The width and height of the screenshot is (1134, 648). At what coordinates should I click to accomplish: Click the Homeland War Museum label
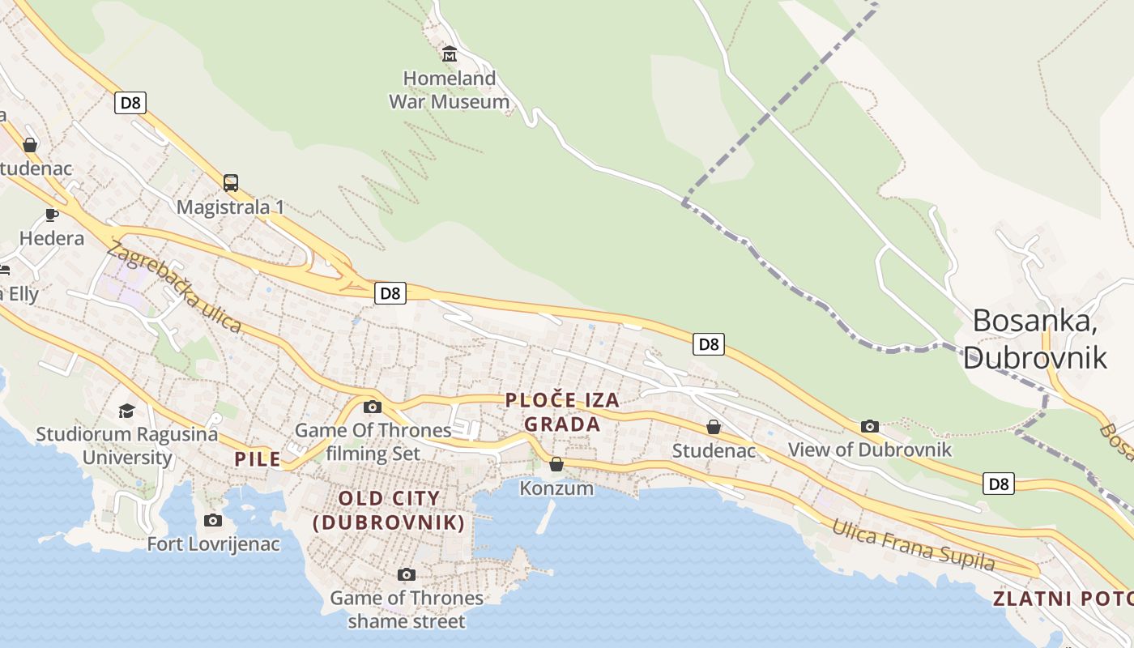point(450,90)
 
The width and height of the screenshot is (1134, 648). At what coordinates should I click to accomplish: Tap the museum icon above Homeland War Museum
point(450,54)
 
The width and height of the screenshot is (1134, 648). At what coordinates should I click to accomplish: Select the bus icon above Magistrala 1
point(231,182)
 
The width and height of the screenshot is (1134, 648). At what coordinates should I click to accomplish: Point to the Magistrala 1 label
point(230,207)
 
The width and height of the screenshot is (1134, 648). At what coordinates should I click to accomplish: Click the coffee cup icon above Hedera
point(52,215)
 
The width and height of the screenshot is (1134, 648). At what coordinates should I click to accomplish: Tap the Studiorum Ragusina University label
point(127,446)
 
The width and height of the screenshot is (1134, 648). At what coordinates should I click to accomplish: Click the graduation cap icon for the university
point(126,411)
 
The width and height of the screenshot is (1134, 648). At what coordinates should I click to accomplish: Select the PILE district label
point(258,459)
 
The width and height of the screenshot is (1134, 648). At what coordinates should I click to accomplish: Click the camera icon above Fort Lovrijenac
point(213,520)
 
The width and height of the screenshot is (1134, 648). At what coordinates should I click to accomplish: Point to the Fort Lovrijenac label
point(213,544)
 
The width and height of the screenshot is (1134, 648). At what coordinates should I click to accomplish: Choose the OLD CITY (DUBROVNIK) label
point(390,510)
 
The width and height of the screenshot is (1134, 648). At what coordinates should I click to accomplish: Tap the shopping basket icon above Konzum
point(556,464)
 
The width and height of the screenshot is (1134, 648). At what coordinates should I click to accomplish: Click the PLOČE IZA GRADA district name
point(562,411)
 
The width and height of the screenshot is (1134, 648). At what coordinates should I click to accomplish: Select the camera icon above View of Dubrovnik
point(870,426)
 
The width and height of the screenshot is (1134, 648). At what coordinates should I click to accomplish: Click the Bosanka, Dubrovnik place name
point(1034,339)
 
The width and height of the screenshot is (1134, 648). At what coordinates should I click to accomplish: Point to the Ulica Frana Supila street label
point(913,545)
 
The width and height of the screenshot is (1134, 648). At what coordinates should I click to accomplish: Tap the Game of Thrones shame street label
point(407,609)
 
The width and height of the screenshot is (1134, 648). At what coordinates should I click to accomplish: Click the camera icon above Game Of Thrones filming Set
point(373,407)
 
